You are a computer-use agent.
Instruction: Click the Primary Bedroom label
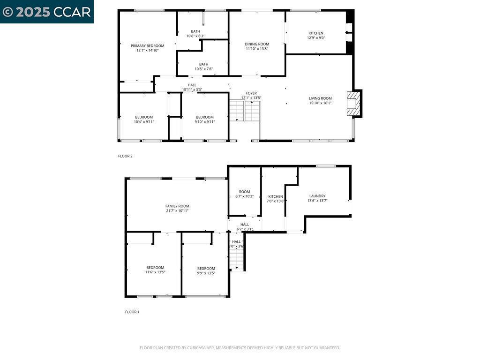[x=147, y=45]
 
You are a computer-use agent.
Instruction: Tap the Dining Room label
[x=257, y=44]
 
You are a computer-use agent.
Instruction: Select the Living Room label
[x=320, y=98]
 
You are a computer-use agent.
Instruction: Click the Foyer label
[x=251, y=93]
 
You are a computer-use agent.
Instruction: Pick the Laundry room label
[x=317, y=196]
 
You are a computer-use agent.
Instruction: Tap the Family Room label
[x=177, y=206]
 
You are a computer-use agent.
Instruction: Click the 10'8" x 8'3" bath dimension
[x=195, y=36]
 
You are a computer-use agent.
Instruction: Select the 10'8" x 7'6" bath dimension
[x=203, y=69]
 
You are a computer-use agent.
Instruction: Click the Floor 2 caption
[x=125, y=156]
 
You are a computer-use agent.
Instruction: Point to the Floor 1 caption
[x=132, y=312]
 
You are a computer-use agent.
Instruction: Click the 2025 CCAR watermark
[x=46, y=12]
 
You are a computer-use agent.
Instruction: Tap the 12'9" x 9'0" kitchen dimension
[x=315, y=38]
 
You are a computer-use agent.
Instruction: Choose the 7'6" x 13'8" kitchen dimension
[x=276, y=201]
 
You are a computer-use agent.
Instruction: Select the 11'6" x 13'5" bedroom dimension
[x=155, y=272]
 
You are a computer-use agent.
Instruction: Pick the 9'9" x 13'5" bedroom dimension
[x=206, y=273]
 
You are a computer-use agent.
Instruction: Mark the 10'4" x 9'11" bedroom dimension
[x=144, y=122]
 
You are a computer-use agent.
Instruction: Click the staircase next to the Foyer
[x=244, y=111]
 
